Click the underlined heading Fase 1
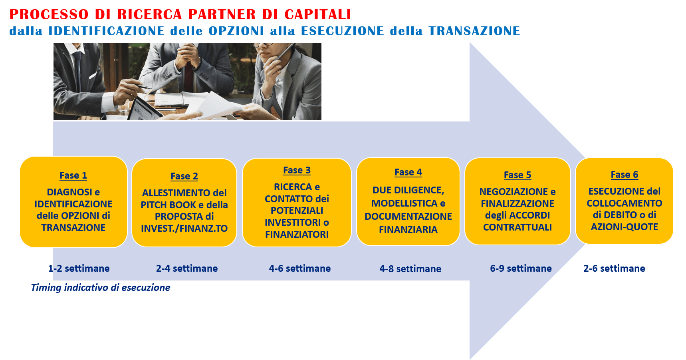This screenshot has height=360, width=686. point(73,175)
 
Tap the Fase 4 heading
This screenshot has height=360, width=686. point(408,172)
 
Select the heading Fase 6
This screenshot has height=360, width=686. point(624,175)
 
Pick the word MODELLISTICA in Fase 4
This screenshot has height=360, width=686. point(404,203)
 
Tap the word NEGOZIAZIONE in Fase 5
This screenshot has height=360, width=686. point(514,192)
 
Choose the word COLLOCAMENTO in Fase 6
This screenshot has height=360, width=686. point(625,203)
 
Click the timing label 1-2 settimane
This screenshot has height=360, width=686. point(79,269)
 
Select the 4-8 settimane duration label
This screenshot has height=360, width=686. point(410,269)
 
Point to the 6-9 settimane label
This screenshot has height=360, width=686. point(521,269)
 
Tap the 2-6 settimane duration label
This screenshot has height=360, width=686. point(614,269)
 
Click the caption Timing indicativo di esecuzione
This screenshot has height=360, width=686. point(101,288)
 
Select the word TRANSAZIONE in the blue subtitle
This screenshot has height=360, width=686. point(474,31)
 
